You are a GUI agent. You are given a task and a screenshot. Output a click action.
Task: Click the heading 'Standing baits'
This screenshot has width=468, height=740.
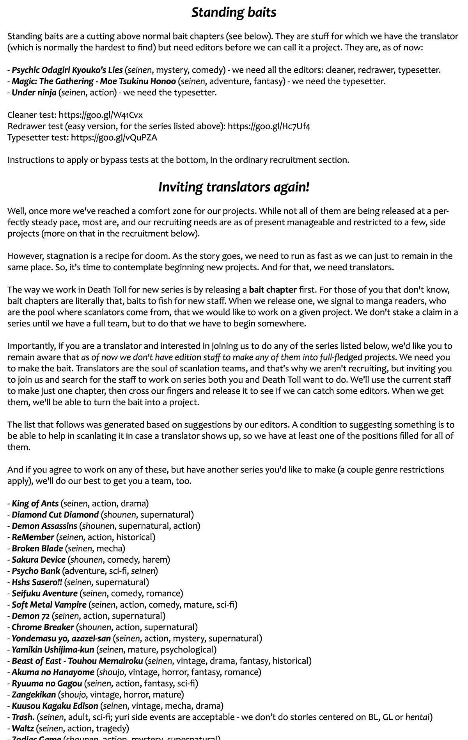(234, 12)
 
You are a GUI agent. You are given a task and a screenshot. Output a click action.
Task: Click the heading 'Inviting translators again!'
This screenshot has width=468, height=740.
(234, 187)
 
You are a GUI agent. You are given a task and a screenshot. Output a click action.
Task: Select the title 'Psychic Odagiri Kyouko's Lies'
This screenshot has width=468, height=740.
(67, 70)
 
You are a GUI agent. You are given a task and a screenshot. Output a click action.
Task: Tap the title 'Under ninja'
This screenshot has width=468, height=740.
(34, 93)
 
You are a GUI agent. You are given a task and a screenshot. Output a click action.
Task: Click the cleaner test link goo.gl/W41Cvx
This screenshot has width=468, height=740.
(101, 115)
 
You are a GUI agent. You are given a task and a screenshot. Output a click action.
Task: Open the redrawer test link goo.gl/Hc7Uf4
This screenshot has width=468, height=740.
(269, 127)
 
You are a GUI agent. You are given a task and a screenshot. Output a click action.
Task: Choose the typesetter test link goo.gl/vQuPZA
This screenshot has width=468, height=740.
(114, 137)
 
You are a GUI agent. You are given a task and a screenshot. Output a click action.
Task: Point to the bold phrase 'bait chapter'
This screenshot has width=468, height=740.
(273, 290)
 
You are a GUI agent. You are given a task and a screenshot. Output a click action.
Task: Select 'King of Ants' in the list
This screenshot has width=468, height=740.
(35, 504)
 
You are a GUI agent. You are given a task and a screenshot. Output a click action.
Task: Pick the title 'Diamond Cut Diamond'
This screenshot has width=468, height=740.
(55, 515)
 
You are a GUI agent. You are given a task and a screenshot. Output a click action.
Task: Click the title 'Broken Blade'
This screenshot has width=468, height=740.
(37, 549)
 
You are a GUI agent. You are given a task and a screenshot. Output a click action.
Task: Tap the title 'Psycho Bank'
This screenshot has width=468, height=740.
(36, 571)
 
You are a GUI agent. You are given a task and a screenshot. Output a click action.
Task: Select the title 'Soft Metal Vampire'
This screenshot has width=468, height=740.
(49, 605)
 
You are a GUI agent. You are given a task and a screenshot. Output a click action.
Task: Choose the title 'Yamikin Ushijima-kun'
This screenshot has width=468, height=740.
(53, 650)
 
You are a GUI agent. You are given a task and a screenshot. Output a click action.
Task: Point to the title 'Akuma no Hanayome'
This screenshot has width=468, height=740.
(53, 672)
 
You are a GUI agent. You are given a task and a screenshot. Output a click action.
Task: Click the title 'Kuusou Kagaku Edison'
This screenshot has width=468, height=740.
(55, 706)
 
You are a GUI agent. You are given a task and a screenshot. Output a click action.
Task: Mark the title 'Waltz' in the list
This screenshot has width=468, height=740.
(23, 729)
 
